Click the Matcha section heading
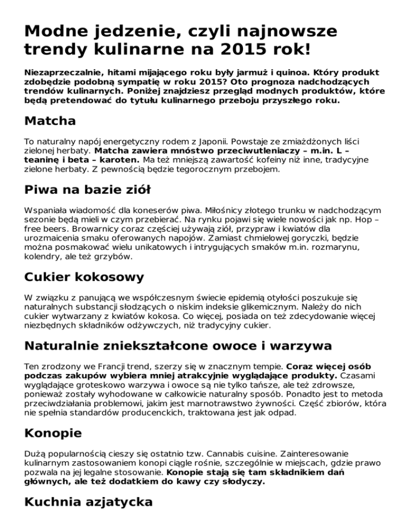click(50, 121)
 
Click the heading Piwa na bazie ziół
click(87, 191)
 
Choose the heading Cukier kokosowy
click(84, 277)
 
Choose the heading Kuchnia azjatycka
click(88, 503)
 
